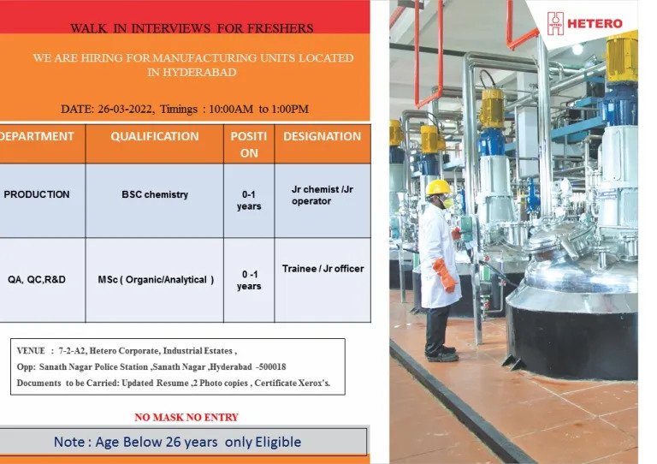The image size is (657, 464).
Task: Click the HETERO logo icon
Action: click(x=555, y=23)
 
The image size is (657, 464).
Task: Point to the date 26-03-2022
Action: click(x=124, y=109)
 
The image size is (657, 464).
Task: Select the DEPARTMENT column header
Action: click(x=37, y=136)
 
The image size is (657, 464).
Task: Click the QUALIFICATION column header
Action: click(x=155, y=136)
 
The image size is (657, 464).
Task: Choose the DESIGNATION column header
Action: click(x=323, y=136)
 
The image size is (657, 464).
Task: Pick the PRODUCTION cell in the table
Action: click(x=37, y=194)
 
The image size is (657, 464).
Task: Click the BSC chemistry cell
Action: click(x=155, y=194)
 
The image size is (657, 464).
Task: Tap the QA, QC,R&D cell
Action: click(x=37, y=280)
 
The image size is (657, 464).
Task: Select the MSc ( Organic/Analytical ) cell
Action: click(x=156, y=280)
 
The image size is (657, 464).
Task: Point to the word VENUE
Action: click(x=31, y=351)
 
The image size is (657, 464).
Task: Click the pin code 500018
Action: click(x=272, y=367)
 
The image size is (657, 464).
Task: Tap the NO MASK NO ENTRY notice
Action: click(x=186, y=418)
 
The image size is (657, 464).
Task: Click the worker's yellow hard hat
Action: click(x=438, y=187)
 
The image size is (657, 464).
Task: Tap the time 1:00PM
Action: click(x=290, y=109)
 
